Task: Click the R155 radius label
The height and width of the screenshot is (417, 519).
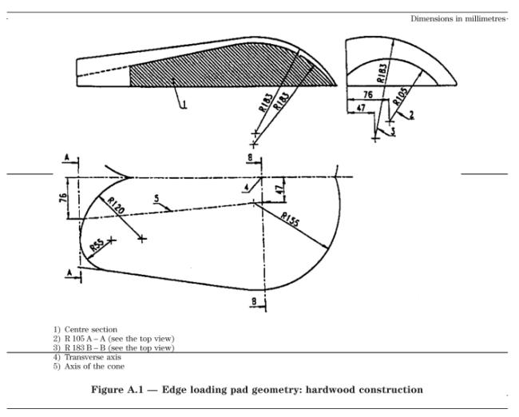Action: click(290, 220)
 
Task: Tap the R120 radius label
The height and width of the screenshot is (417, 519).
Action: click(116, 205)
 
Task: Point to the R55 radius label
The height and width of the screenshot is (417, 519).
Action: click(97, 245)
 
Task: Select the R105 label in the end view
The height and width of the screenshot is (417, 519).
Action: click(400, 96)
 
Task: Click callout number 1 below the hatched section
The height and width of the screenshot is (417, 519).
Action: click(184, 105)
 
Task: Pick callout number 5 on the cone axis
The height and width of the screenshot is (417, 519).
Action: click(156, 198)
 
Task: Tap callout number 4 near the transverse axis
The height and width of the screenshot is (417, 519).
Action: click(246, 188)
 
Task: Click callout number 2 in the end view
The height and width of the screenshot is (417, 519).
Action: click(411, 115)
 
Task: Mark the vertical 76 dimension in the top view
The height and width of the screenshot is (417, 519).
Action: click(63, 198)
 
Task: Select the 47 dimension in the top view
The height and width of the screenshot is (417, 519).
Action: click(279, 189)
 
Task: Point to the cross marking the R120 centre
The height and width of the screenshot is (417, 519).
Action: click(142, 239)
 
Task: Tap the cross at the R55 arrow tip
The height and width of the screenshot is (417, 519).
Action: click(112, 240)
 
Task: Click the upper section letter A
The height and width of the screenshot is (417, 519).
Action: click(66, 157)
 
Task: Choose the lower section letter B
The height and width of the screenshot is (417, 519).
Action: click(254, 301)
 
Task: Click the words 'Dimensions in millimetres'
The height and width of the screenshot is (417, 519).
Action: click(458, 18)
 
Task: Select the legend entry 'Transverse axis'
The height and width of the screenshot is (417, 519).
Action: click(93, 357)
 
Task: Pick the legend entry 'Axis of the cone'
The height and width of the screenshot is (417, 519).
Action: click(94, 367)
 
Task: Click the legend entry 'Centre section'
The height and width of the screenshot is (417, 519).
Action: click(91, 330)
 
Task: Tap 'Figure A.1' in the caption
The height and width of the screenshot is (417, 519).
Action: click(117, 390)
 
